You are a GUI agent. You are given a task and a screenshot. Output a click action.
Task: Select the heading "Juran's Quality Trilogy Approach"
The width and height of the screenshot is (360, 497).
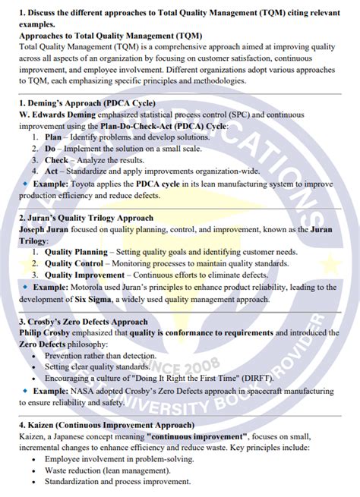92,216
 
